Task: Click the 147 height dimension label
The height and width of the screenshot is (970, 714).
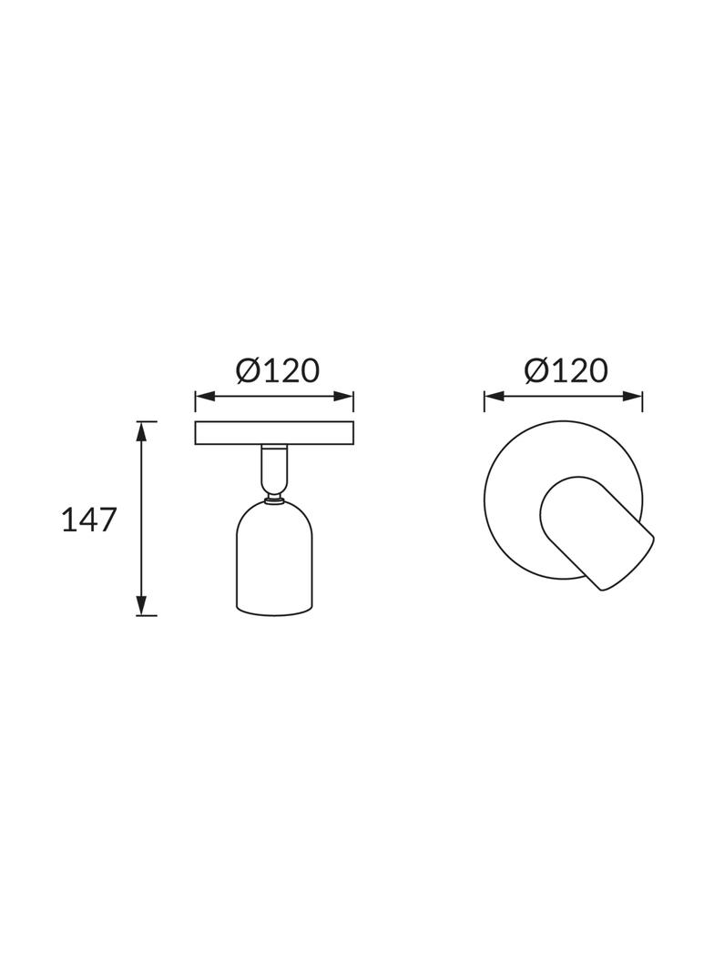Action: pos(89,520)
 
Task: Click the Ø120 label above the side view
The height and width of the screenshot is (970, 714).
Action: pos(278,370)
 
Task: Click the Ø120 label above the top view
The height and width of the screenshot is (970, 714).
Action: pos(566,370)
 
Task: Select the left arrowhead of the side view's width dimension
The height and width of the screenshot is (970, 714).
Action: pos(206,396)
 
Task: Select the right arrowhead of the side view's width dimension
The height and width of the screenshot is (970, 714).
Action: pos(343,396)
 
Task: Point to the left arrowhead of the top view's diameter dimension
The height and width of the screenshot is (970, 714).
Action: pos(495,396)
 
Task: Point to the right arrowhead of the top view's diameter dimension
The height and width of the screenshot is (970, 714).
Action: pos(632,396)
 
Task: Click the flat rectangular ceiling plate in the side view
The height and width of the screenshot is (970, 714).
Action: pos(274,433)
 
